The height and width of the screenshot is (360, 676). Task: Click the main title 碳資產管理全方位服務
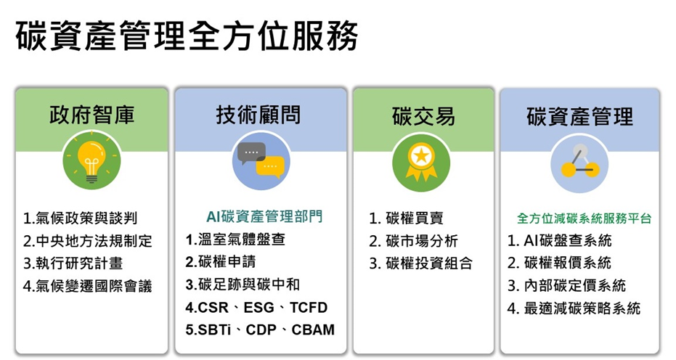pos(187,36)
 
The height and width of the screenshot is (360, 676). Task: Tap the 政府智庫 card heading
pos(91,115)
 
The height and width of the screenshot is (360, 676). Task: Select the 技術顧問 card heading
pos(258,115)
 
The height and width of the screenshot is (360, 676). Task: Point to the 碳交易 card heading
pos(423,116)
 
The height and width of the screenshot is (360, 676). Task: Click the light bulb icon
pos(91,161)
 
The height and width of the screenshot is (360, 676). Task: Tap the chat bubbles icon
pos(261,161)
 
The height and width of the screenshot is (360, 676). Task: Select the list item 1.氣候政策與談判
pos(80,218)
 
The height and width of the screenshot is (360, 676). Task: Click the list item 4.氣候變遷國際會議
pos(88,286)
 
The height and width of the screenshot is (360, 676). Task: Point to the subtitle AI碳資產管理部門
pos(264,216)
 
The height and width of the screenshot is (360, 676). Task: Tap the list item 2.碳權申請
pos(221,262)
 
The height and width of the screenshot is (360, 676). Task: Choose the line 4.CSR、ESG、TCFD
pos(256,308)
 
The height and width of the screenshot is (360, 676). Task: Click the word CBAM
pos(313,330)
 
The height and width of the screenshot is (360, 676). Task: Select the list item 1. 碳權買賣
pos(407,218)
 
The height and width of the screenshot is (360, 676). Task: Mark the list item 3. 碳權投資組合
pos(421,263)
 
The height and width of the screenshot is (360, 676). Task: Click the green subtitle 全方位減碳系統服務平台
pos(585,218)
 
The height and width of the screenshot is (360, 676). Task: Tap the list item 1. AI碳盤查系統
pos(560,240)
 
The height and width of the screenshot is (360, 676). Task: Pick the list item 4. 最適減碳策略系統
pos(574,308)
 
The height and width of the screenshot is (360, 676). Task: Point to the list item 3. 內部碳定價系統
pos(566,285)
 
